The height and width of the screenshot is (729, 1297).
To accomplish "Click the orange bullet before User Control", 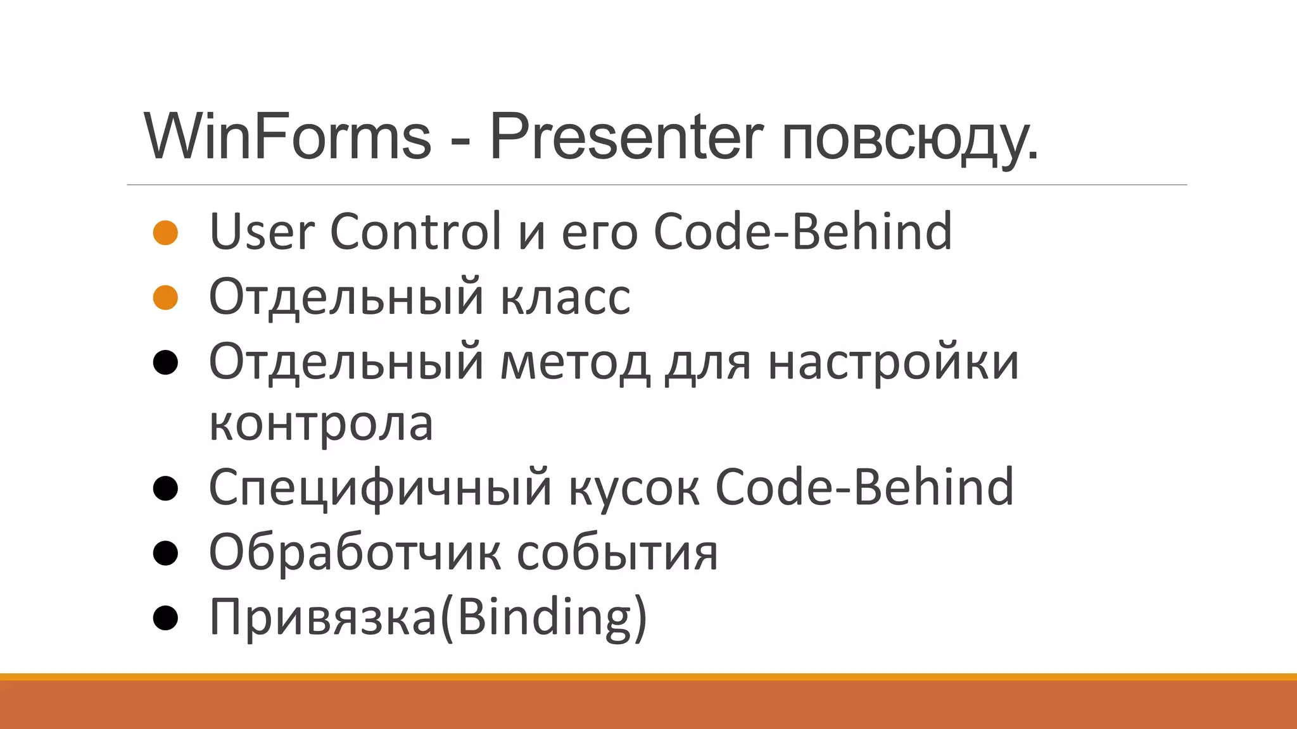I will tap(165, 233).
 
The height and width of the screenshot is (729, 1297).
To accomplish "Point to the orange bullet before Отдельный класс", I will tap(165, 297).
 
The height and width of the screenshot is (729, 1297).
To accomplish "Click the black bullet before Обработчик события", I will tap(165, 553).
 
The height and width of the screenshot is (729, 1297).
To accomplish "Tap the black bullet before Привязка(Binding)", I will tap(165, 618).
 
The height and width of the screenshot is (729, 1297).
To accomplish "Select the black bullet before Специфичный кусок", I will tap(165, 489).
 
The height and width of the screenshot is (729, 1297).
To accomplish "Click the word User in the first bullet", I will tap(262, 232).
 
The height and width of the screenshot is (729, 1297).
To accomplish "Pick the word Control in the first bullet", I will tap(416, 232).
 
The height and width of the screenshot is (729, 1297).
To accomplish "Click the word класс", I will tap(566, 297).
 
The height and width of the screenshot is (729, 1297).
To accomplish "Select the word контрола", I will tap(321, 424).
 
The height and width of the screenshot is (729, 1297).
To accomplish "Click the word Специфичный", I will tap(380, 489).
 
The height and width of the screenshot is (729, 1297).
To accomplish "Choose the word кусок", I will tap(634, 489).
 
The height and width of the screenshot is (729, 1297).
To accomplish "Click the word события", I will tap(617, 553).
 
